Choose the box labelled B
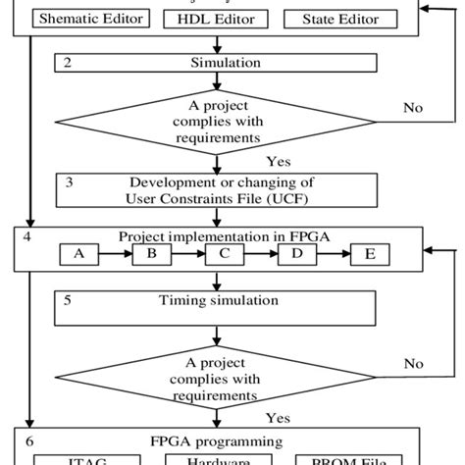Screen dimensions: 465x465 pyautogui.click(x=152, y=253)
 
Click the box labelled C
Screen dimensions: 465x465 pyautogui.click(x=226, y=253)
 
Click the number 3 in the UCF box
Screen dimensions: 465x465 pyautogui.click(x=68, y=181)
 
